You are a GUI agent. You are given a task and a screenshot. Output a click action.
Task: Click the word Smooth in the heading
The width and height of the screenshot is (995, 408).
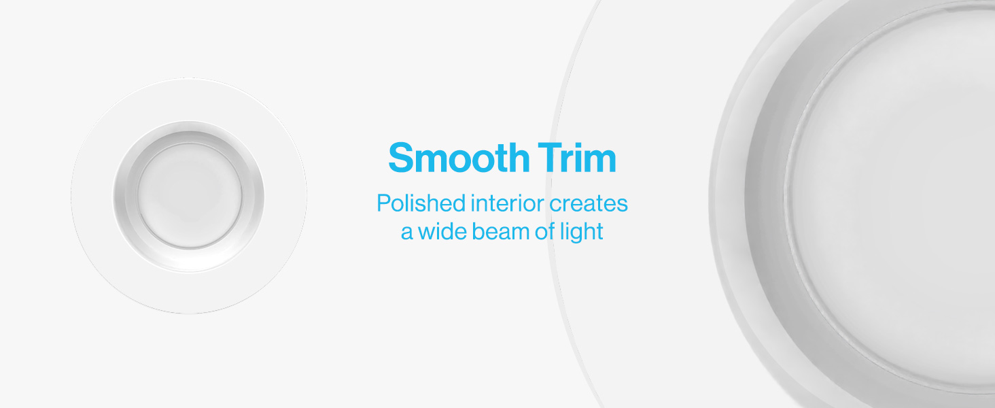459,157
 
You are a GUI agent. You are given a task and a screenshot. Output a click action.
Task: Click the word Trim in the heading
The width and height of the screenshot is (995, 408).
576,157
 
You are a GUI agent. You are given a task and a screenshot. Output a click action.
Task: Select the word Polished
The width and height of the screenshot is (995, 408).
421,203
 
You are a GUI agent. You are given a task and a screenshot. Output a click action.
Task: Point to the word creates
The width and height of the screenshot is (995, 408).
589,204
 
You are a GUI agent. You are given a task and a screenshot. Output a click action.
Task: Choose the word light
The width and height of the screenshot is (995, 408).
582,233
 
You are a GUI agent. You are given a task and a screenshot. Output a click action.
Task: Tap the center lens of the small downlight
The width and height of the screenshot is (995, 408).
190,196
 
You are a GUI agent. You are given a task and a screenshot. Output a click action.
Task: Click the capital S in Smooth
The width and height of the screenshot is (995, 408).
402,157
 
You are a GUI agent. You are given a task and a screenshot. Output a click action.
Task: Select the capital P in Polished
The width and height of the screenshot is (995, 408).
384,203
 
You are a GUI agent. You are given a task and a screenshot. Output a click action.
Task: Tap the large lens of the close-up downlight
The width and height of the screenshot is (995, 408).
893,200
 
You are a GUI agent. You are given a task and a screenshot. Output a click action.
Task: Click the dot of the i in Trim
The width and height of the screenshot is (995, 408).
578,145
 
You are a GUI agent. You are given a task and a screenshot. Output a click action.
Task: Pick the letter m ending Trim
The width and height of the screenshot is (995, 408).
600,162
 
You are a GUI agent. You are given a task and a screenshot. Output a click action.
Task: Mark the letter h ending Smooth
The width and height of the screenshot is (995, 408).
519,157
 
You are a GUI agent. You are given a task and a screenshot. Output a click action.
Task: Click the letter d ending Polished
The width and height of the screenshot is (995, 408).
459,203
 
